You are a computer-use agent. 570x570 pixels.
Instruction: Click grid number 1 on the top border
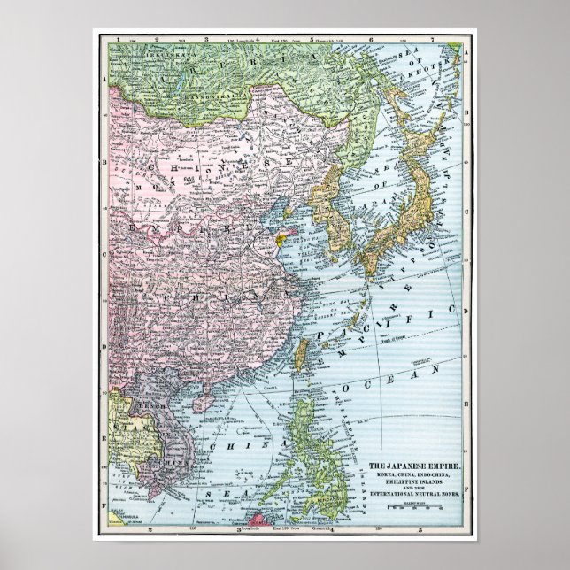(x=118, y=40)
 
